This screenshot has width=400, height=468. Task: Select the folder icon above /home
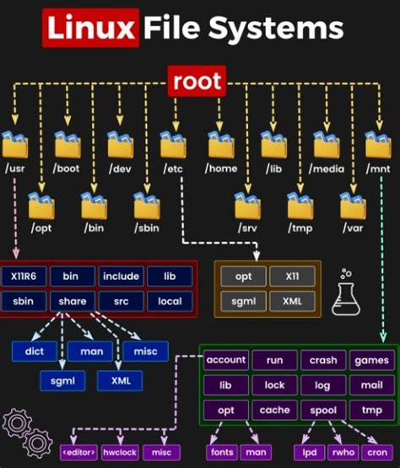(x=221, y=145)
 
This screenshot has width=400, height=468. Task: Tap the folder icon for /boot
(x=68, y=145)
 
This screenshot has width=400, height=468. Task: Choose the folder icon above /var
(x=353, y=205)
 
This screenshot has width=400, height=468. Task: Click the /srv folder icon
(x=248, y=205)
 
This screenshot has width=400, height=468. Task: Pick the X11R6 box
(x=24, y=277)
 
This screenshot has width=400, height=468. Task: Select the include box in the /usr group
(x=121, y=277)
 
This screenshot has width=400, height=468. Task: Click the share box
(x=73, y=300)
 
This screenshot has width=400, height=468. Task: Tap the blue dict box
(x=34, y=350)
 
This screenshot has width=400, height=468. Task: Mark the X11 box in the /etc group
(x=292, y=277)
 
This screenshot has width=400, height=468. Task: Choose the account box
(x=226, y=360)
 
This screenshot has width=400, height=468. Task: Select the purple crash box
(x=322, y=360)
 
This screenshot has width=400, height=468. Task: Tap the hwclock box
(x=120, y=453)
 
